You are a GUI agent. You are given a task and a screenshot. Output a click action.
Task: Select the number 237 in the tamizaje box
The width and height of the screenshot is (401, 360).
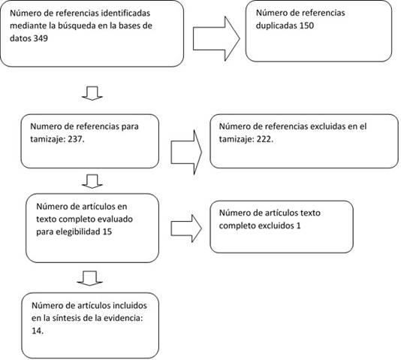point(76,139)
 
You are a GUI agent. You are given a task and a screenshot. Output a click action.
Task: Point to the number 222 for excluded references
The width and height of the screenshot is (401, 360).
point(264,139)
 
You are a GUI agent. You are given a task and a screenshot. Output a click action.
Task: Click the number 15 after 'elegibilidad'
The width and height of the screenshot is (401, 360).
point(107,231)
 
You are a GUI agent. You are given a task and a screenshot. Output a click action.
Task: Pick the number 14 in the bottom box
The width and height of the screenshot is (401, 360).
point(38,331)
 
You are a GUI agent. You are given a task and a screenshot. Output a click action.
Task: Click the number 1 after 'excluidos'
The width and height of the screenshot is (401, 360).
point(298,225)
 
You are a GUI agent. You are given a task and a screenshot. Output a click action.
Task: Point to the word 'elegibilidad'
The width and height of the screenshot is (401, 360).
point(78,232)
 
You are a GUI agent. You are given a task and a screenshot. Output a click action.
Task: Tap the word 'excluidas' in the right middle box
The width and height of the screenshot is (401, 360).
point(327,126)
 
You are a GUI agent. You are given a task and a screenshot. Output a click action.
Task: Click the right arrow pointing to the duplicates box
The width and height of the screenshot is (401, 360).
point(216,38)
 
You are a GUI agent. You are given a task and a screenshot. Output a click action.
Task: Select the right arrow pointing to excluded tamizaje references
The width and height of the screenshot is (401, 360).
point(186,153)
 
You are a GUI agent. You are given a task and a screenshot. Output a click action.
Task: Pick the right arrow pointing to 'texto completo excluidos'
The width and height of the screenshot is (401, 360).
point(186,228)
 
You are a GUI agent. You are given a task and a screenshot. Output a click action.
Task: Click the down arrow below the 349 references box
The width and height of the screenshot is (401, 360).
point(92,93)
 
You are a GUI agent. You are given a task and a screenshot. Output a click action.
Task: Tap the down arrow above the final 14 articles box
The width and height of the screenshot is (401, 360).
point(89,278)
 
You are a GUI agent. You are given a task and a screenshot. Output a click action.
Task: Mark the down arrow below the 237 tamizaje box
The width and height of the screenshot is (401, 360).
point(92,181)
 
